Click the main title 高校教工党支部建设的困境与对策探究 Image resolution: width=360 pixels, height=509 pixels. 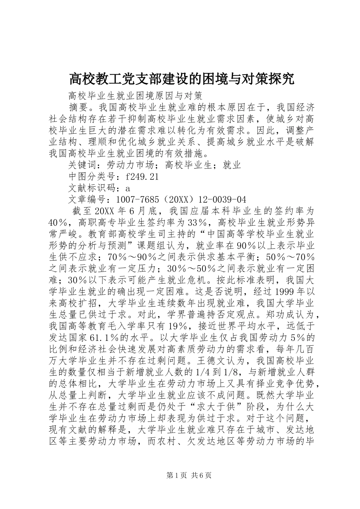point(182,79)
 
